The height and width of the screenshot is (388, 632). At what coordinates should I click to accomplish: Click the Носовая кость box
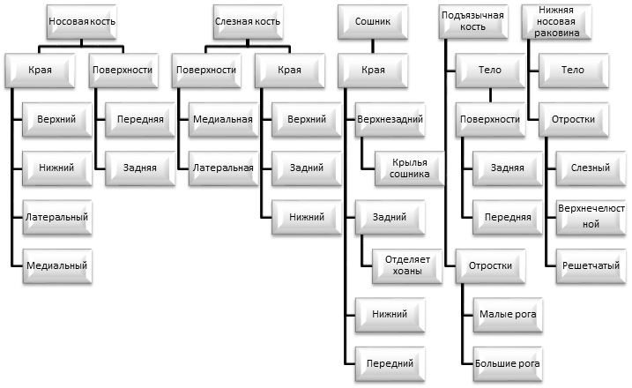(x=82, y=22)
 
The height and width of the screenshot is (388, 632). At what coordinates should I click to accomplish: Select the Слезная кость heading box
(x=248, y=22)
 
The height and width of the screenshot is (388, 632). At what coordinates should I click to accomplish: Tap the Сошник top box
(x=373, y=22)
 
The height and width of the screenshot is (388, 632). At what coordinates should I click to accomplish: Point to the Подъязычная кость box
(x=472, y=22)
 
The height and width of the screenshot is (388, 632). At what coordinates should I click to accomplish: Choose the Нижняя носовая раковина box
(x=556, y=22)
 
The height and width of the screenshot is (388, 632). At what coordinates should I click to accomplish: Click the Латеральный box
(x=56, y=218)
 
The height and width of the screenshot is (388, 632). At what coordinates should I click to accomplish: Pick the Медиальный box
(x=56, y=265)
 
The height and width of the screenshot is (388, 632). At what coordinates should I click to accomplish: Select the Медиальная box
(x=223, y=119)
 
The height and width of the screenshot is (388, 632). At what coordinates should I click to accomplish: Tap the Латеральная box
(x=223, y=168)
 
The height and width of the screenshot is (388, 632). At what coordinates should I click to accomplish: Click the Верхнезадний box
(x=390, y=119)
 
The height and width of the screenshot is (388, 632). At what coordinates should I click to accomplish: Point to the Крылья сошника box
(x=409, y=168)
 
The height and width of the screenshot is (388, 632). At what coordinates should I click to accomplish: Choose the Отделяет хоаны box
(x=407, y=265)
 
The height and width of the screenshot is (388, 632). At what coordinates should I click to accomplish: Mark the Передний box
(x=390, y=364)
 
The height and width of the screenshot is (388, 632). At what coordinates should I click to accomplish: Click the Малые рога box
(x=508, y=315)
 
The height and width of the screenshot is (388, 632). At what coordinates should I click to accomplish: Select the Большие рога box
(x=508, y=364)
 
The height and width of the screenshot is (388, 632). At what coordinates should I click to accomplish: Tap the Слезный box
(x=591, y=168)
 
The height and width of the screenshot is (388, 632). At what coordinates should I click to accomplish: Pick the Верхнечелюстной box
(x=591, y=218)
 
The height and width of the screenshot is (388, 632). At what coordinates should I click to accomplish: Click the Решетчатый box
(x=591, y=265)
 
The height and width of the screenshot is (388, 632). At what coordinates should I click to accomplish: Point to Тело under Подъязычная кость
(x=490, y=71)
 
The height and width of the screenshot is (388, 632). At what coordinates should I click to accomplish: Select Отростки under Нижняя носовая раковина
(x=573, y=119)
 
